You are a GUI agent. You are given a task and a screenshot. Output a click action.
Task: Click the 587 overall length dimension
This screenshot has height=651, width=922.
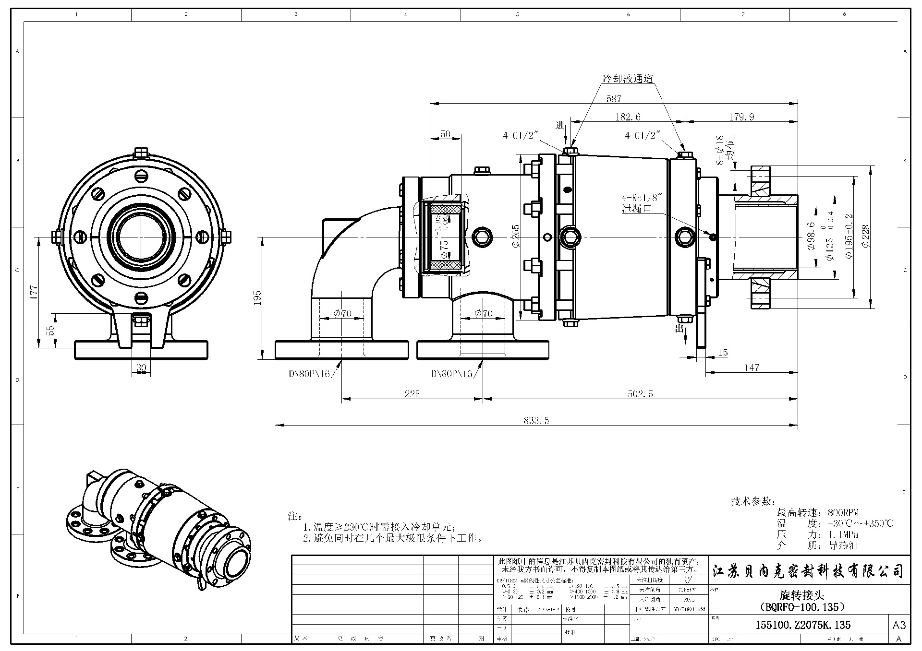pyautogui.click(x=614, y=99)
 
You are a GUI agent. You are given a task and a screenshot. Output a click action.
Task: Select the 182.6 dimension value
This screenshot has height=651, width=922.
pyautogui.click(x=628, y=117)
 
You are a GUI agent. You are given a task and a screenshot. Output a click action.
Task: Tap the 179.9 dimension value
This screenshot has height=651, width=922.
pyautogui.click(x=741, y=117)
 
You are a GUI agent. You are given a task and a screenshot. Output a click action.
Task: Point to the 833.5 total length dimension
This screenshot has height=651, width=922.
pyautogui.click(x=536, y=421)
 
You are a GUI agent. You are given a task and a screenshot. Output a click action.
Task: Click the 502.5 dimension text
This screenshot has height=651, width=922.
pyautogui.click(x=640, y=394)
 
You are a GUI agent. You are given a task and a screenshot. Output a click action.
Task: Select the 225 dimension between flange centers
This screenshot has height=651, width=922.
pyautogui.click(x=412, y=394)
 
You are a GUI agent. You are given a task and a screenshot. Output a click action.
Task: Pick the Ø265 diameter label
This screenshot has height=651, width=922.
pyautogui.click(x=516, y=236)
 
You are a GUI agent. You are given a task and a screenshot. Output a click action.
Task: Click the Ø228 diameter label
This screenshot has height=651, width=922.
pyautogui.click(x=866, y=236)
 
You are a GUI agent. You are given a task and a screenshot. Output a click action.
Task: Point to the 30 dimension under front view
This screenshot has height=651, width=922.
pyautogui.click(x=141, y=368)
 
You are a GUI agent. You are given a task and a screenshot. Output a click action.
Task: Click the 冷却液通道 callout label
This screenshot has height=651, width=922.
pyautogui.click(x=628, y=79)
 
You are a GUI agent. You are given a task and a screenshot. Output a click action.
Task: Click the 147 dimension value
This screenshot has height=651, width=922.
pyautogui.click(x=752, y=367)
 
